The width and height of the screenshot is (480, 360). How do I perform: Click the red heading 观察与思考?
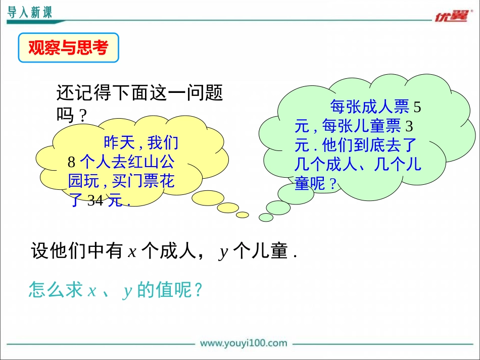68,48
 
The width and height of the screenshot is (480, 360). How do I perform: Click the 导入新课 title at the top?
30,13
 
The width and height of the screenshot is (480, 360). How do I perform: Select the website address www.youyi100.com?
244,343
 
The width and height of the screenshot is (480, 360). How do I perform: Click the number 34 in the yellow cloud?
95,200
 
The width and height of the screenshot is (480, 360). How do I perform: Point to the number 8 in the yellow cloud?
71,162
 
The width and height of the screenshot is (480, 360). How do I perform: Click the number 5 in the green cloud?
417,108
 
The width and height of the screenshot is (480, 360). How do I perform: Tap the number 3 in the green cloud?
409,126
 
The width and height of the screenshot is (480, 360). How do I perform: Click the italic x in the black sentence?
132,252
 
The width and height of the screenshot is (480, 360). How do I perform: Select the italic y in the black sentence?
223,252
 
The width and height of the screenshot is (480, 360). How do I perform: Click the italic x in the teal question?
92,290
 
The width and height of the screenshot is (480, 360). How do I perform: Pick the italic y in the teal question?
127,291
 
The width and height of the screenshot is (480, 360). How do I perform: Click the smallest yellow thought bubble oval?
243,215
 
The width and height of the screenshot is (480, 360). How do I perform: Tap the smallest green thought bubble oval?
266,218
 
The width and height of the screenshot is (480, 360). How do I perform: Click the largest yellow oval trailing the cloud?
208,198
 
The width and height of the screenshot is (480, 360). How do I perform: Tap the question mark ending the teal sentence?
199,289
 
